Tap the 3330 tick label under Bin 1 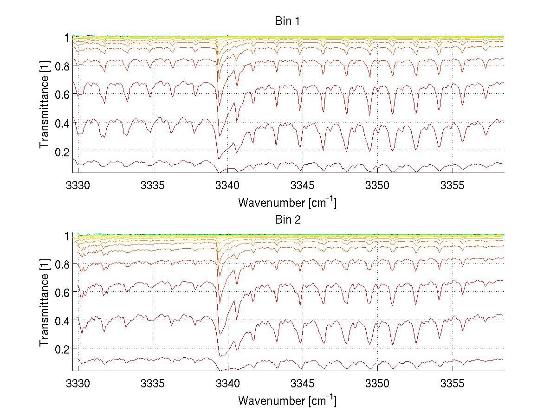pyautogui.click(x=78, y=186)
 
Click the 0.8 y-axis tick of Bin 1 pyautogui.click(x=61, y=66)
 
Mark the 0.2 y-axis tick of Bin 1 pyautogui.click(x=61, y=151)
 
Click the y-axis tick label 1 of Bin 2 pyautogui.click(x=66, y=236)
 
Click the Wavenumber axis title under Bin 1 pyautogui.click(x=287, y=202)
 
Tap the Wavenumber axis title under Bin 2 pyautogui.click(x=287, y=400)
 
